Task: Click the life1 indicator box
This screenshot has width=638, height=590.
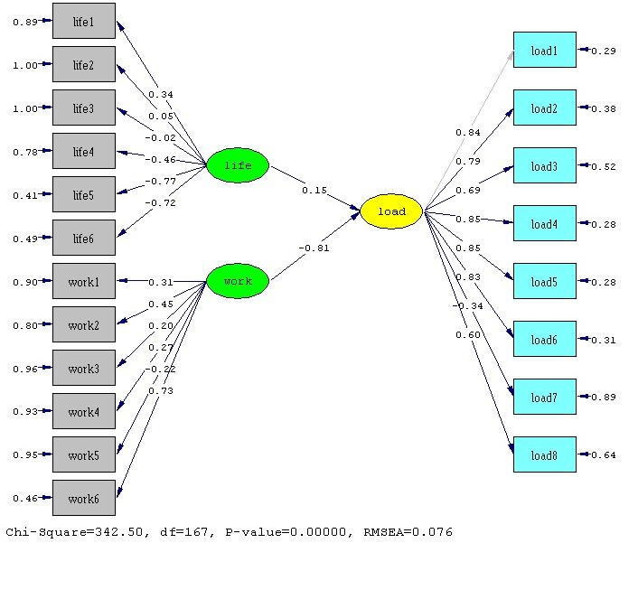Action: pos(83,21)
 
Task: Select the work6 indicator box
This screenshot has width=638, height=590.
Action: pos(83,498)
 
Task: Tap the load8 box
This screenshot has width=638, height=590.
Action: pos(544,454)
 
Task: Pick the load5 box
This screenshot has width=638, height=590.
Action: pos(544,282)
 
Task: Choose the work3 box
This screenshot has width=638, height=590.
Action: pos(83,368)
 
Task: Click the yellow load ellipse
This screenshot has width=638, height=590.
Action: pos(391,211)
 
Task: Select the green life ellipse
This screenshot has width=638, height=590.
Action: pos(238,165)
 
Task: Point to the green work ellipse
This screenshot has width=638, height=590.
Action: pos(238,281)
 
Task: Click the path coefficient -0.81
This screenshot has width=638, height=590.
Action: pos(314,248)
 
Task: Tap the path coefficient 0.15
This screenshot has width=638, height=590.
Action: pos(315,190)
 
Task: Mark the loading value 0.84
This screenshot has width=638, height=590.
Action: pos(468,133)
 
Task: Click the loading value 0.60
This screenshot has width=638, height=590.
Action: pos(468,335)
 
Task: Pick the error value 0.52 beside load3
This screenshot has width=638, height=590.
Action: pos(603,167)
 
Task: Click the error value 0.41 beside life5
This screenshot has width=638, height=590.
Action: pos(24,195)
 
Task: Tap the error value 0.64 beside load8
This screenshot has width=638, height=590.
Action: pos(603,455)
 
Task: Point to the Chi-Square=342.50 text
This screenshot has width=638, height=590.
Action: pos(70,532)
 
